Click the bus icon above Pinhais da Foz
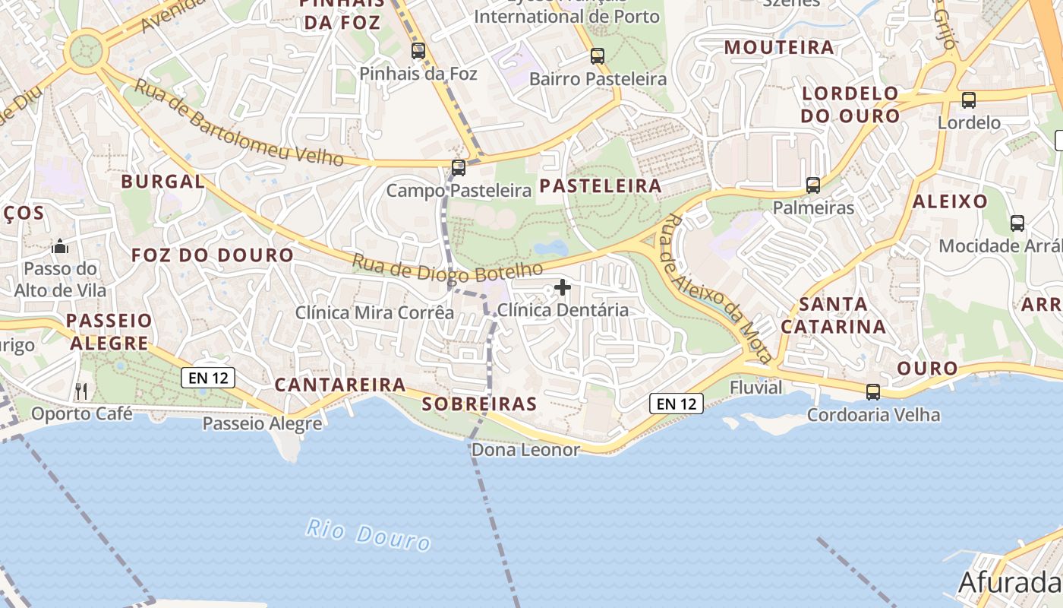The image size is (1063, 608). click(418, 51)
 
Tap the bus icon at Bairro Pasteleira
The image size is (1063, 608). click(598, 55)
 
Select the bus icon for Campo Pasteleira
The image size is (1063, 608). click(459, 168)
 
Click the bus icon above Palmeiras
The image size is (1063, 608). click(813, 185)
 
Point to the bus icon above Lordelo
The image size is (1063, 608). click(969, 100)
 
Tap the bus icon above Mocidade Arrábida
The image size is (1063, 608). click(1017, 223)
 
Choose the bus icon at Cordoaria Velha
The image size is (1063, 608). click(873, 392)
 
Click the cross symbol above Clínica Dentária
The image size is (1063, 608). click(563, 287)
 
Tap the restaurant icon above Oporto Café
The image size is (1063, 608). click(81, 391)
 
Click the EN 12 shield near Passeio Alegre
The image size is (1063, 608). click(208, 378)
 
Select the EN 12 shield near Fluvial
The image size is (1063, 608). click(677, 404)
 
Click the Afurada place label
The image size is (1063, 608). click(1009, 582)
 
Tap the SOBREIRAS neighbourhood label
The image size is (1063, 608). click(479, 404)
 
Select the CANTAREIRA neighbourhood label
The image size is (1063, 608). click(340, 385)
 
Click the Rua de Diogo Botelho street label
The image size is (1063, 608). click(448, 268)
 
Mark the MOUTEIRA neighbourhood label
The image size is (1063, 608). click(779, 47)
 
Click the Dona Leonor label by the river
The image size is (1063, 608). click(525, 450)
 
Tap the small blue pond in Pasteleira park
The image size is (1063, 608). click(550, 248)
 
